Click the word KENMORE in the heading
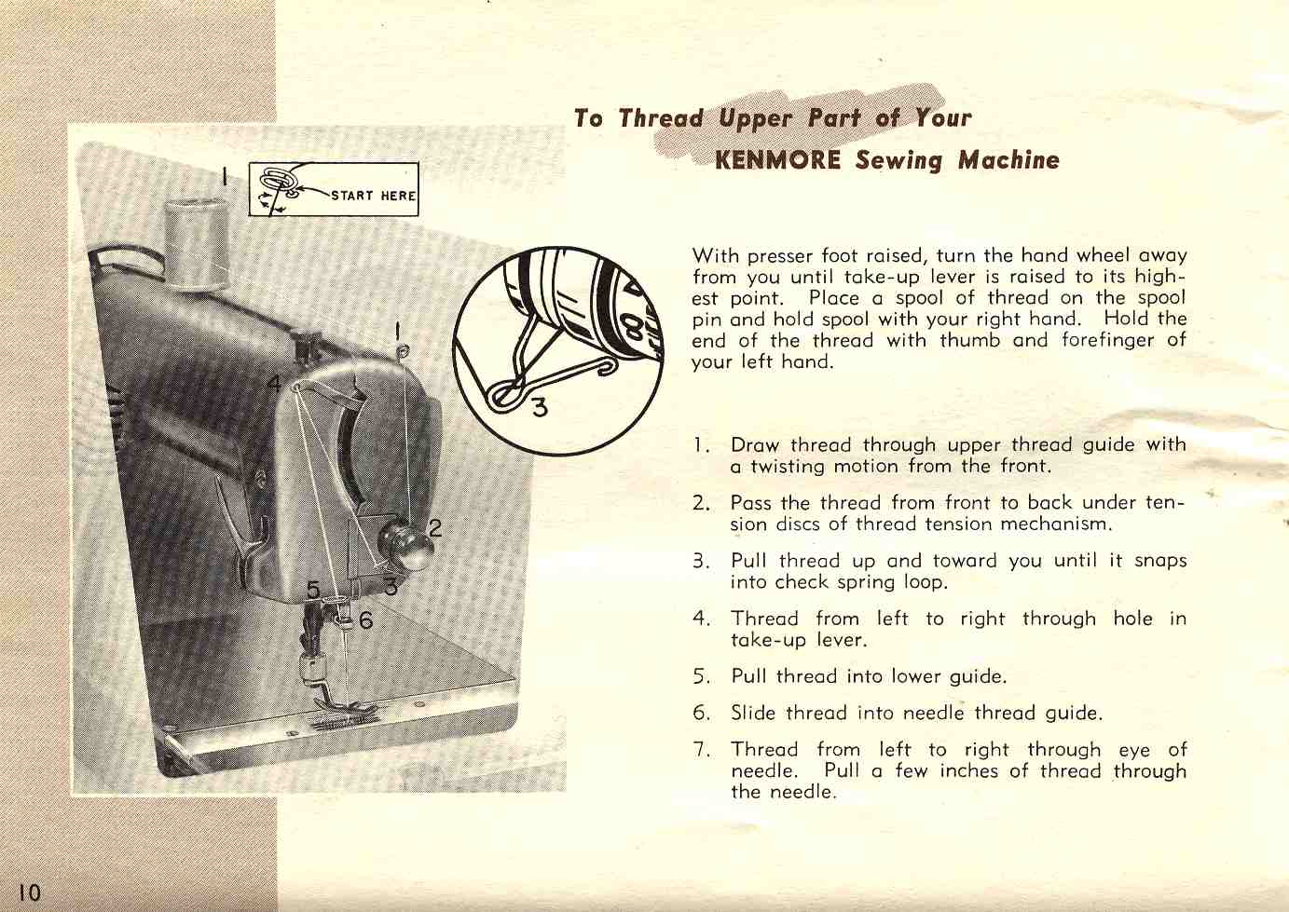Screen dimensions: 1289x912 pyautogui.click(x=777, y=160)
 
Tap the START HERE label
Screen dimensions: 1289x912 pyautogui.click(x=373, y=196)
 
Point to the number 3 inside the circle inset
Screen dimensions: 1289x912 pyautogui.click(x=540, y=407)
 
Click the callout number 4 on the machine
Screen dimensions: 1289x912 pyautogui.click(x=275, y=383)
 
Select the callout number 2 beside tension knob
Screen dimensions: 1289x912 pyautogui.click(x=435, y=527)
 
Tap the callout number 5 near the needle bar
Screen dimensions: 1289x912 pyautogui.click(x=312, y=590)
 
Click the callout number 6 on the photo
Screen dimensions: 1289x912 pyautogui.click(x=366, y=619)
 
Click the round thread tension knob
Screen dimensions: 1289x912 pyautogui.click(x=407, y=545)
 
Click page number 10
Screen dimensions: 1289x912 pyautogui.click(x=29, y=892)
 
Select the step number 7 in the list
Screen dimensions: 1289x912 pyautogui.click(x=699, y=750)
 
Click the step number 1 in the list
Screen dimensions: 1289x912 pyautogui.click(x=698, y=445)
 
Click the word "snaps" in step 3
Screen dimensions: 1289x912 pyautogui.click(x=1160, y=561)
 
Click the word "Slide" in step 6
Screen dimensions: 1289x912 pyautogui.click(x=753, y=713)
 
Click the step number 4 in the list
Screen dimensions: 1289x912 pyautogui.click(x=700, y=619)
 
